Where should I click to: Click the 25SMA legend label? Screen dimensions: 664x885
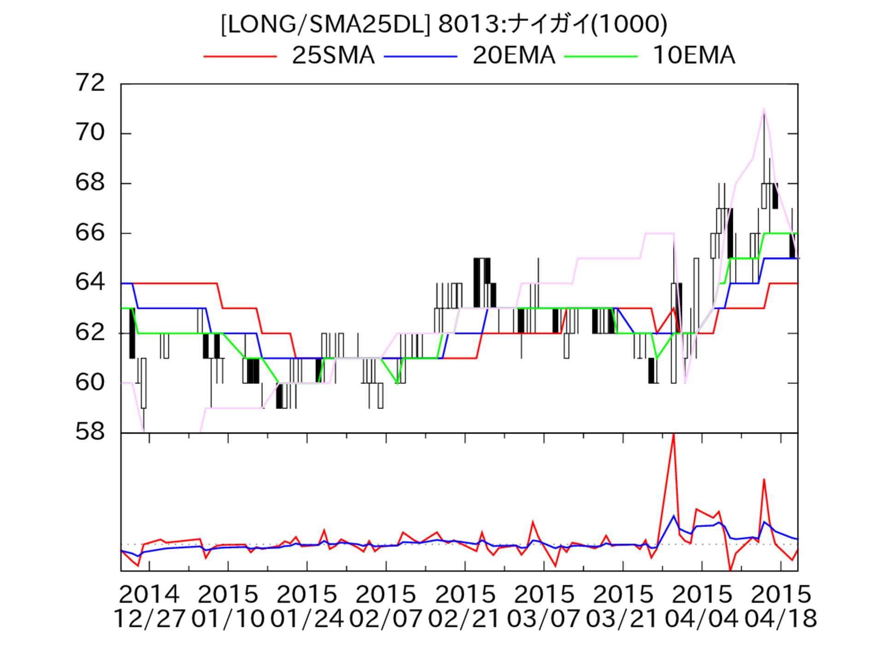[333, 55]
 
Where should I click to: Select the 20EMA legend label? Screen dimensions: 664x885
[513, 55]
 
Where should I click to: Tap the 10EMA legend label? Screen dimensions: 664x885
[694, 55]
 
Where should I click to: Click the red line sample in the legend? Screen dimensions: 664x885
[240, 56]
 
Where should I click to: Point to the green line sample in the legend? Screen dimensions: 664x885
[601, 56]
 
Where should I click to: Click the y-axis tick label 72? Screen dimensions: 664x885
[90, 83]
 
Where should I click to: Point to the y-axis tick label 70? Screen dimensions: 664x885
[90, 133]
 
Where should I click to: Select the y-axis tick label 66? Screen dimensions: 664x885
[90, 233]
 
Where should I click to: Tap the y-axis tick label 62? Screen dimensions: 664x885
[90, 332]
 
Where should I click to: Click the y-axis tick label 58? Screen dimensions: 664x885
[90, 432]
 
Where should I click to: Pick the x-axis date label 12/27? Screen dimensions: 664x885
[149, 619]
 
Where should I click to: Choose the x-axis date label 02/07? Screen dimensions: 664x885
[386, 619]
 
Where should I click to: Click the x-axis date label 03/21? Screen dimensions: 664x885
[622, 619]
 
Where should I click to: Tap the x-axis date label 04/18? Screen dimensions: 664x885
[781, 619]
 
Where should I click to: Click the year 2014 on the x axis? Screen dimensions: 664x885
[149, 595]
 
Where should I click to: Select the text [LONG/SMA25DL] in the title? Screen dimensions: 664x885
[325, 24]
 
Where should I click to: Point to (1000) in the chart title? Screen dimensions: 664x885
[629, 24]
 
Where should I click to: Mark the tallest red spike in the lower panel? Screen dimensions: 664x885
[673, 435]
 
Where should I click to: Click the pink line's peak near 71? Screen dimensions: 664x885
[764, 109]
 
